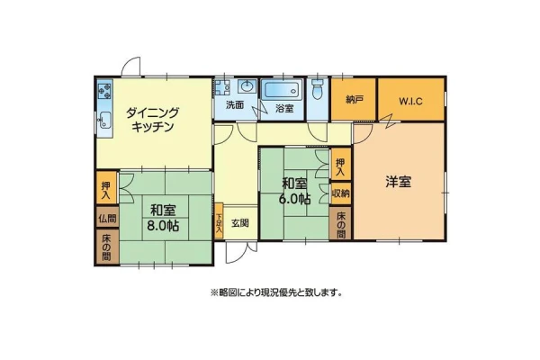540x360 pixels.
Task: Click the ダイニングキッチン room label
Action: point(152,120)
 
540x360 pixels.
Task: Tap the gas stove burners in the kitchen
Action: point(104,89)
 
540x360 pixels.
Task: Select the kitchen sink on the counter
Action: point(105,121)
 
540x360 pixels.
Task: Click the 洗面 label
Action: point(235,105)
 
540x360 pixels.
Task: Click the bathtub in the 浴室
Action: point(282,91)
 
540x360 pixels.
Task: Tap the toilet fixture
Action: point(317,89)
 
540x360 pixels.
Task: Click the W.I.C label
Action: point(410,102)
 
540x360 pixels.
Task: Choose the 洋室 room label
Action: point(398,182)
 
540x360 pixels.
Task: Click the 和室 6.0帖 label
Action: point(295,191)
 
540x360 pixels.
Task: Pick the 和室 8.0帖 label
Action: point(163,218)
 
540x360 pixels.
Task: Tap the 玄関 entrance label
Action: point(240,223)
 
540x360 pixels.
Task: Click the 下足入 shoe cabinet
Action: point(219,221)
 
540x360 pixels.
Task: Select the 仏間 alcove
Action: point(107,218)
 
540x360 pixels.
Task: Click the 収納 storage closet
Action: point(340,193)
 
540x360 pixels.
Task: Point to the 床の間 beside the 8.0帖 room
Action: point(107,247)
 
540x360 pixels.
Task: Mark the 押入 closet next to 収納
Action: point(341,165)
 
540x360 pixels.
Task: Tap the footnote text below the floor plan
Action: point(276,292)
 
